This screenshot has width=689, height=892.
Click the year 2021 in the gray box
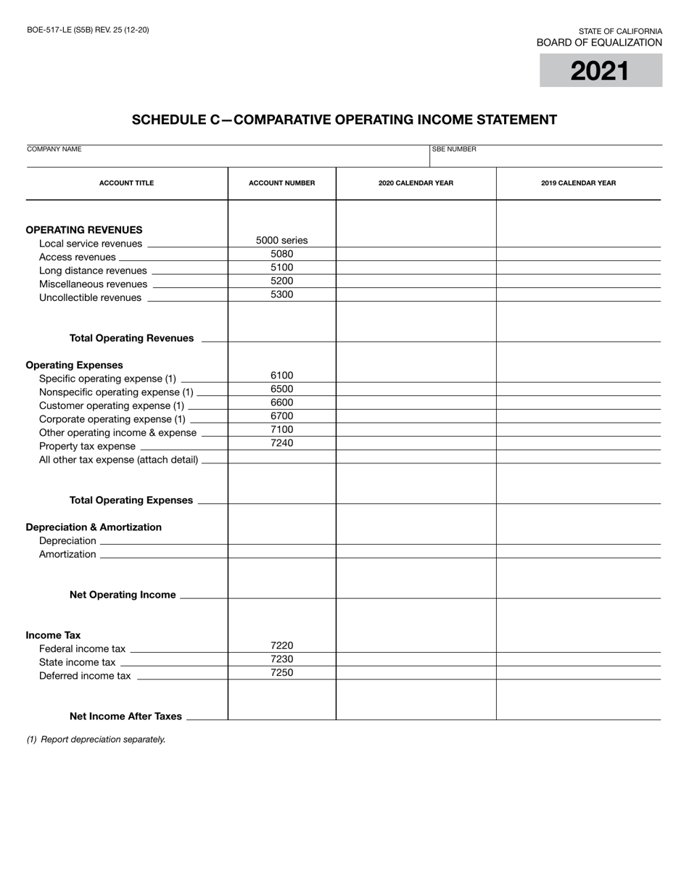(600, 71)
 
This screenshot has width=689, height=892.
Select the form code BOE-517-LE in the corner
(88, 30)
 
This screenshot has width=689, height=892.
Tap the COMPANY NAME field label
(54, 149)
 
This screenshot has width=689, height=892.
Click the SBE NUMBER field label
(455, 149)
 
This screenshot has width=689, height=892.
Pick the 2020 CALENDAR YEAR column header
(416, 183)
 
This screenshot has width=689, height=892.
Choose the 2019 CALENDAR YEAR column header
(578, 183)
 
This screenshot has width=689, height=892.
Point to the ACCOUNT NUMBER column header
(281, 183)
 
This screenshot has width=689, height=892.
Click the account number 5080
(281, 254)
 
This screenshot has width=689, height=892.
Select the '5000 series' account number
(281, 240)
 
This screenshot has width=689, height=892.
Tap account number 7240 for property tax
(281, 443)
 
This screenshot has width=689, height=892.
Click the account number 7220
(281, 645)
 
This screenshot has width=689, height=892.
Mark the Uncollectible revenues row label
(90, 297)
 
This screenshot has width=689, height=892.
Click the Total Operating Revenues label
(131, 338)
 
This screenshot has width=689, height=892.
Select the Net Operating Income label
(123, 595)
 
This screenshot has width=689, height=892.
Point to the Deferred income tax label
(85, 676)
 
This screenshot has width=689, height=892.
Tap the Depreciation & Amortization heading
(94, 527)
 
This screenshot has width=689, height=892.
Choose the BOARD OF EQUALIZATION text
(599, 43)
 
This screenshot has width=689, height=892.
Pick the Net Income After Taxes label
(125, 716)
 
